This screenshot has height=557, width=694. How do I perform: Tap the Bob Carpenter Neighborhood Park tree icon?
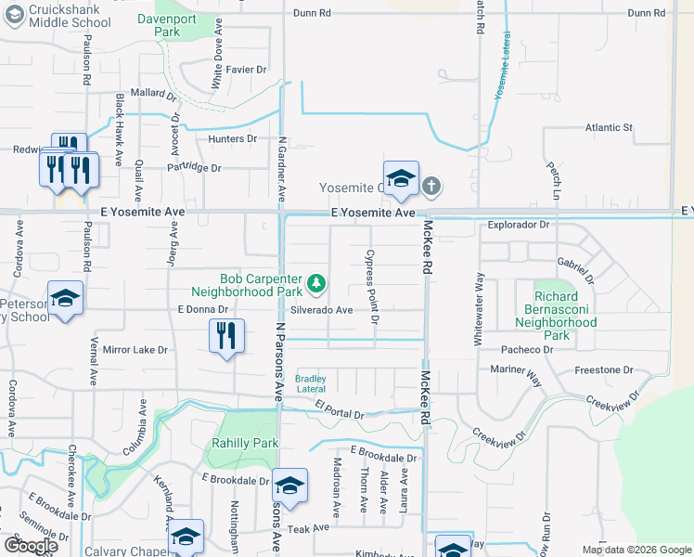click(316, 281)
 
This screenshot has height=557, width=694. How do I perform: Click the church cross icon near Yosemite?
click(431, 187)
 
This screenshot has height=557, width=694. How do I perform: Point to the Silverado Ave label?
click(321, 310)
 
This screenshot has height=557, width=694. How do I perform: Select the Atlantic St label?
click(609, 127)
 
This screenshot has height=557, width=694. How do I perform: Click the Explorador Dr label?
click(519, 225)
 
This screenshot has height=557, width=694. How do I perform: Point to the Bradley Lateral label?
click(311, 383)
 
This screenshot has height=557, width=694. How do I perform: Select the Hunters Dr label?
click(233, 138)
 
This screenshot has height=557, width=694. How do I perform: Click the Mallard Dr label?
click(154, 94)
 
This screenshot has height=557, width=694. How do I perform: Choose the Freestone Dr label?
click(604, 369)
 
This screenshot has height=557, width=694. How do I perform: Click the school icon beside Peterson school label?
click(65, 299)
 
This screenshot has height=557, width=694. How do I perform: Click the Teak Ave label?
click(309, 527)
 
